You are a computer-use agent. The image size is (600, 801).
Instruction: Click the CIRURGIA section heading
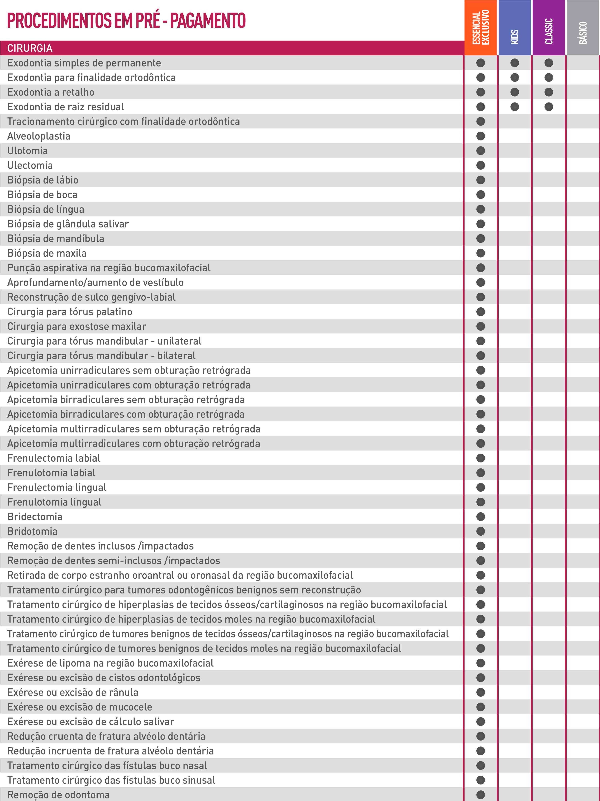[30, 48]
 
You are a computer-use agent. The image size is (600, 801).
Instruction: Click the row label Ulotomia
[28, 151]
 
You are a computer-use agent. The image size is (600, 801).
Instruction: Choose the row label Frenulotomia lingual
[54, 502]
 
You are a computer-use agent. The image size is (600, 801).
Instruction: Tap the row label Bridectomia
[35, 517]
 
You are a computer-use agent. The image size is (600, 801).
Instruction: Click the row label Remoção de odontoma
[58, 795]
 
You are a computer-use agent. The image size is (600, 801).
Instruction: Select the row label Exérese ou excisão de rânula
[73, 692]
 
